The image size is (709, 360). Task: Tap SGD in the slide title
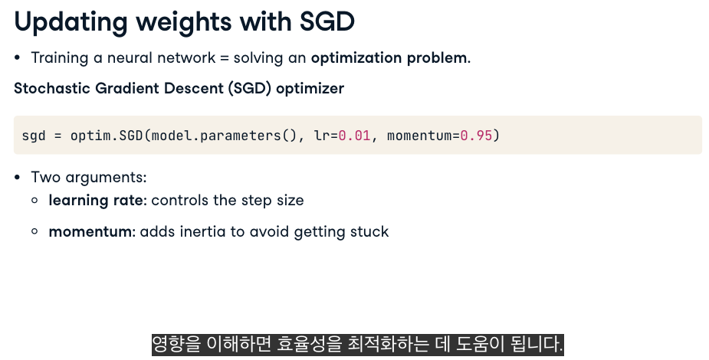pos(327,21)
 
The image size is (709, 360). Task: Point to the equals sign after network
pos(225,58)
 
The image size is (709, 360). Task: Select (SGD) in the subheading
pos(250,89)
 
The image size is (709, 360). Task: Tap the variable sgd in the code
pos(34,136)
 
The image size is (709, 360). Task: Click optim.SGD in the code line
pos(107,135)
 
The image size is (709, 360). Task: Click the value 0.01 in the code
pos(354,135)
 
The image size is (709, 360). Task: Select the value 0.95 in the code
pos(476,135)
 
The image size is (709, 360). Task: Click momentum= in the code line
pos(424,135)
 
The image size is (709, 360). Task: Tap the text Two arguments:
pos(89,178)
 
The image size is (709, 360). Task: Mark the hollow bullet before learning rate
pos(34,200)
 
